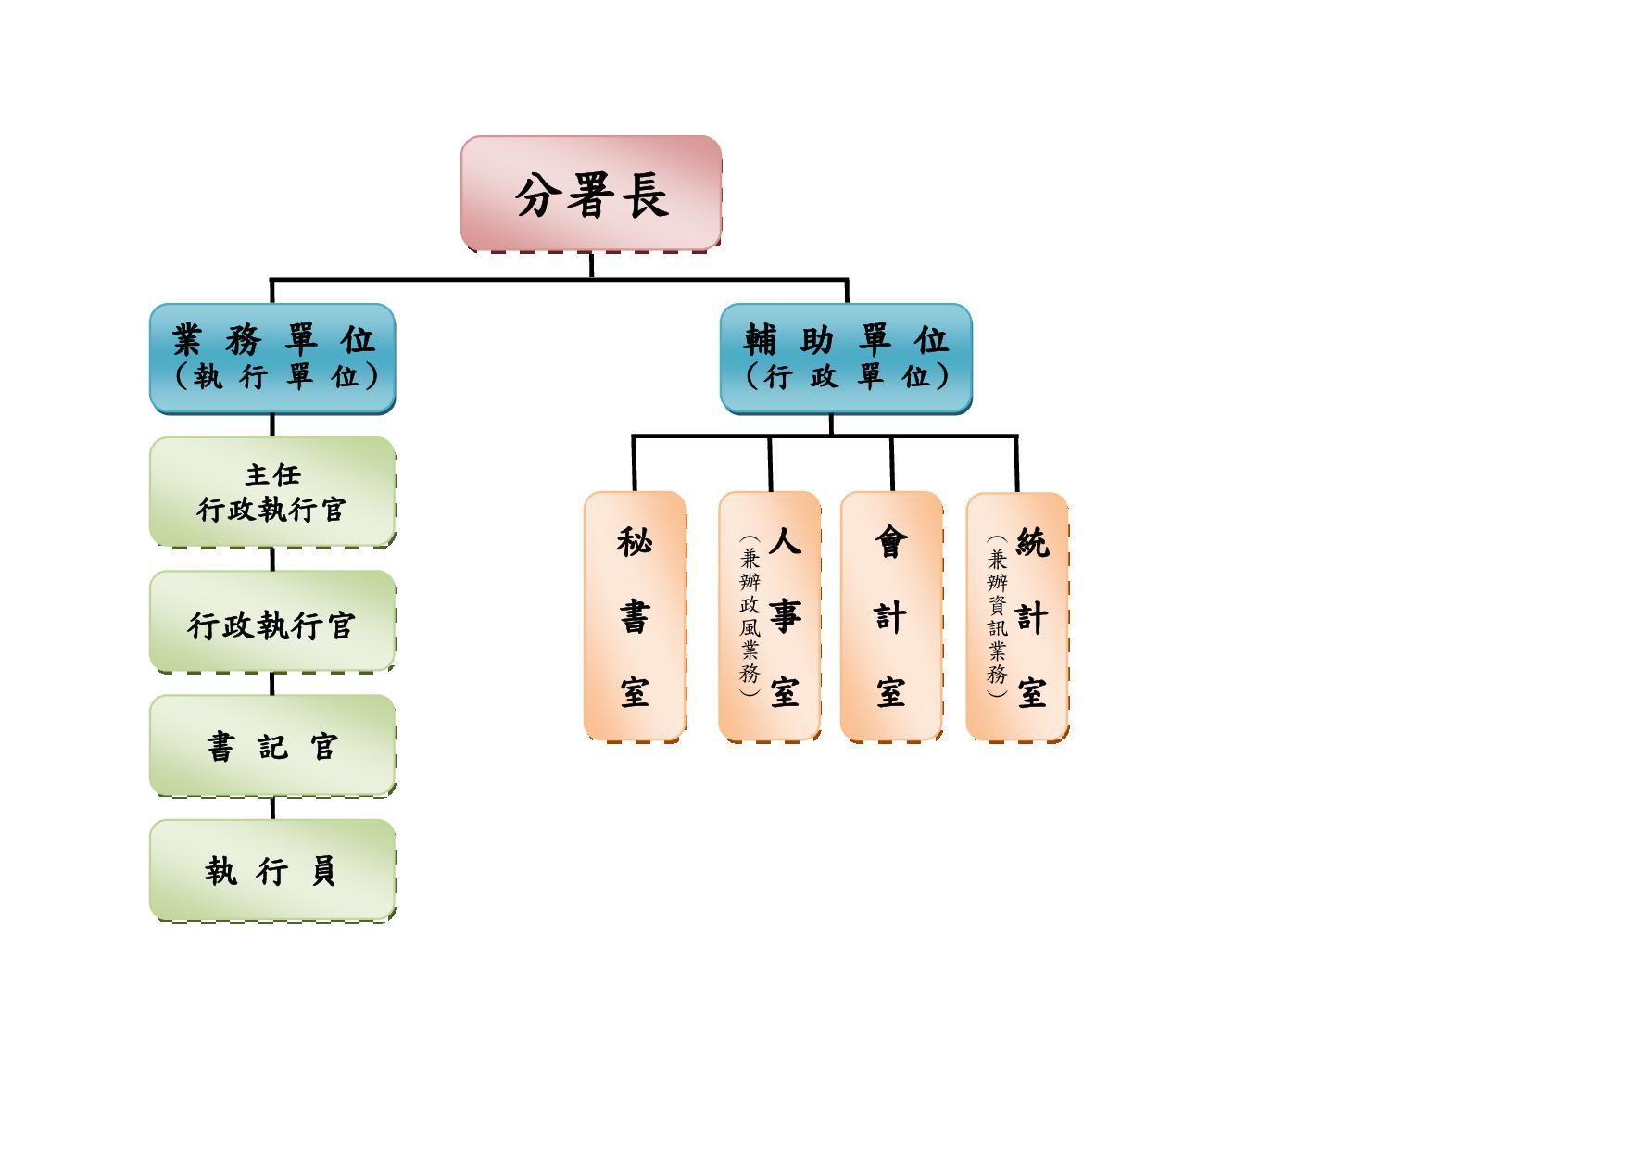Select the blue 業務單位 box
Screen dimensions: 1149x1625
click(x=272, y=358)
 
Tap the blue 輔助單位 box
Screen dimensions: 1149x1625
click(x=846, y=358)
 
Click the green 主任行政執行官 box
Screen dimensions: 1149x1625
click(x=272, y=491)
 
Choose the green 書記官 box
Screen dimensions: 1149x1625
click(x=272, y=745)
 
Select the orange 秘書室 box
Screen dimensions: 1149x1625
click(x=635, y=615)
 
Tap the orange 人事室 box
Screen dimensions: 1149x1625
click(x=770, y=615)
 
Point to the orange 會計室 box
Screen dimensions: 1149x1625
click(x=891, y=615)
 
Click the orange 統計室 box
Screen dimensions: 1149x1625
click(x=1017, y=615)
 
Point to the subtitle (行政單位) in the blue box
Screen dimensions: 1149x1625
click(x=847, y=377)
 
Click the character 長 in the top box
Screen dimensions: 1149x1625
click(x=648, y=196)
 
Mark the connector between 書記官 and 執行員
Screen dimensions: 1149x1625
click(x=272, y=808)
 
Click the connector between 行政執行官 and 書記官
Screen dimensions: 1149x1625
click(x=272, y=684)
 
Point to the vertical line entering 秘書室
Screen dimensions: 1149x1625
click(x=635, y=463)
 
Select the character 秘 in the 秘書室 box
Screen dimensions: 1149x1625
click(x=635, y=541)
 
